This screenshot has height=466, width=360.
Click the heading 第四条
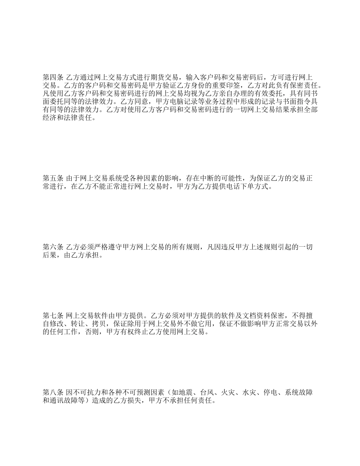pyautogui.click(x=53, y=77)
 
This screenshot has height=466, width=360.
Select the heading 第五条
pyautogui.click(x=53, y=178)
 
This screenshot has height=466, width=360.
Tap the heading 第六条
pyautogui.click(x=53, y=247)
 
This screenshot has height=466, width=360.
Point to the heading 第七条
pyautogui.click(x=53, y=316)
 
